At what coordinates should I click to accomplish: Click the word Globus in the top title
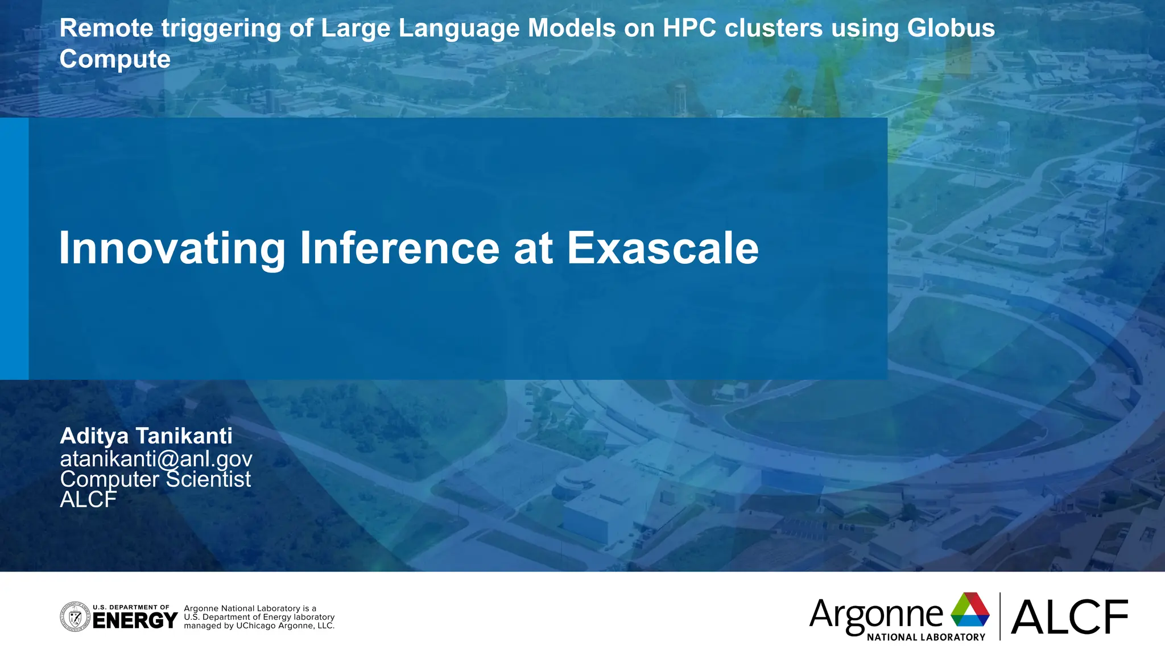click(951, 28)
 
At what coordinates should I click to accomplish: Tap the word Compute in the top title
click(115, 59)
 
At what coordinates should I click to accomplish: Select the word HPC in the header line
click(689, 28)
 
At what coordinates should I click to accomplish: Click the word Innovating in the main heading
click(172, 248)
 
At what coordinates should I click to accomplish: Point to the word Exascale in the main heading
click(663, 248)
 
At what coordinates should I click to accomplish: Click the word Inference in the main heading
click(399, 248)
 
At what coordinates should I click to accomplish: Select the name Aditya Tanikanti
click(146, 436)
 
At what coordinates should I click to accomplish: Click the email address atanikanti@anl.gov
click(156, 458)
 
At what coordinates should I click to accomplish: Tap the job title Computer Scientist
click(155, 479)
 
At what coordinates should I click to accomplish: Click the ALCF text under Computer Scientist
click(88, 500)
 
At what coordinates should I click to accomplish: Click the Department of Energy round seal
click(75, 617)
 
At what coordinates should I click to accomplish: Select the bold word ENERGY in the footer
click(135, 620)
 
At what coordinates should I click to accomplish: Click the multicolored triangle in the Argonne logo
click(970, 610)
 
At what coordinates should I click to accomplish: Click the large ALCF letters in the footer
click(1069, 617)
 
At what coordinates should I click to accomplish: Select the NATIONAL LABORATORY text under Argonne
click(926, 637)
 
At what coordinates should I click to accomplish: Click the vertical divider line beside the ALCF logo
click(1000, 616)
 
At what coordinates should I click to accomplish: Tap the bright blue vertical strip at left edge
click(14, 248)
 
